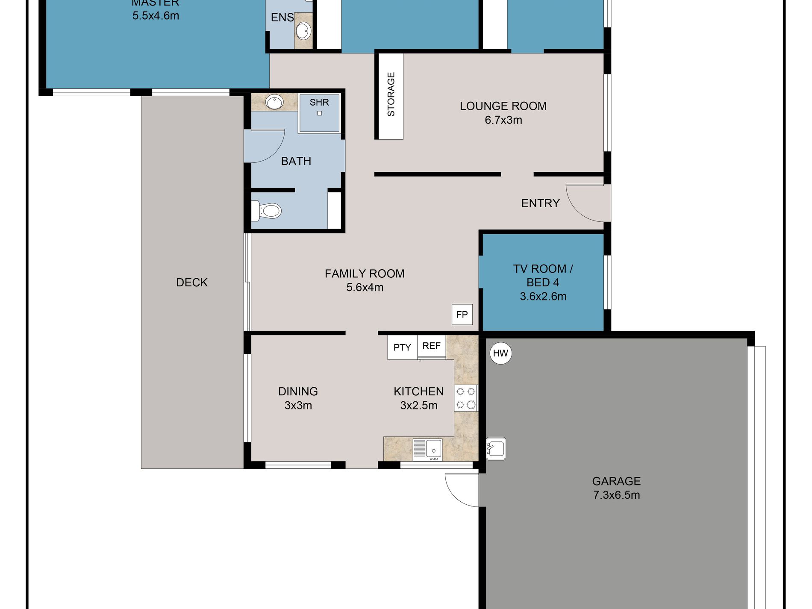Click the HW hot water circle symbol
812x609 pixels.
click(500, 353)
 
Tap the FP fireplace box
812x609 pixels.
click(462, 315)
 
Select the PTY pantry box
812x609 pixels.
click(402, 347)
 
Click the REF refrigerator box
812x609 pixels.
click(432, 346)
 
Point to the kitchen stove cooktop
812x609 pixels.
click(466, 398)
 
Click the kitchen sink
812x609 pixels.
click(427, 450)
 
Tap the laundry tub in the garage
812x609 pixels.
click(496, 449)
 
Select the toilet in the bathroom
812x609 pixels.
click(266, 211)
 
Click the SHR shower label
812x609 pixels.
click(319, 103)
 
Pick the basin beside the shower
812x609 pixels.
click(274, 103)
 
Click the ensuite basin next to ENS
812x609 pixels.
click(303, 31)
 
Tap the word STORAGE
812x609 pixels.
click(391, 94)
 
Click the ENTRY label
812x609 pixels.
click(541, 203)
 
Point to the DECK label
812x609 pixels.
click(192, 282)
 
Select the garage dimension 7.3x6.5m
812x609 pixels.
click(616, 495)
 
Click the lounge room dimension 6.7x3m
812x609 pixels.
click(503, 120)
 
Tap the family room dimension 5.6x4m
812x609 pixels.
click(365, 288)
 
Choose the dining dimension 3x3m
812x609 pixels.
click(298, 406)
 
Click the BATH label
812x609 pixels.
click(296, 161)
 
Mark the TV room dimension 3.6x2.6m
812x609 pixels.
click(543, 297)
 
